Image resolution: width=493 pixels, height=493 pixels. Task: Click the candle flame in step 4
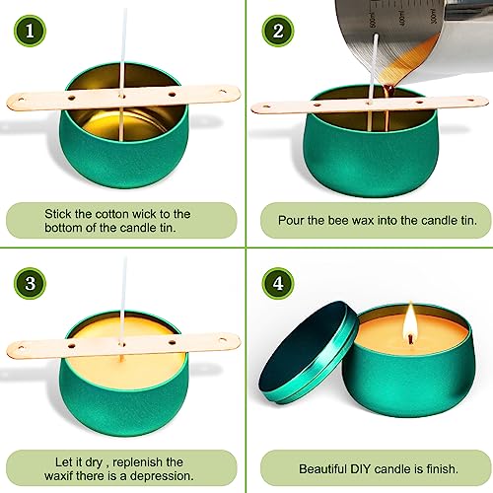pyautogui.click(x=408, y=319)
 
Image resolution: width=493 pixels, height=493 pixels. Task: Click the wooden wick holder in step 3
pyautogui.click(x=123, y=344)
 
